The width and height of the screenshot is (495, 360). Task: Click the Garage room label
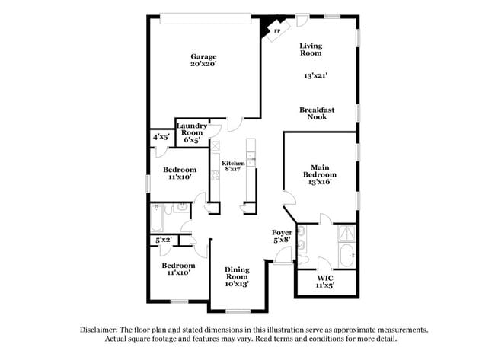203,56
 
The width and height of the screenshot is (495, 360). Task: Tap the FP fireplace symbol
276,30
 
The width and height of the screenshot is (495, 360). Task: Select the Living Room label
310,49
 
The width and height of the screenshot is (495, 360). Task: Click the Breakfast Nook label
317,113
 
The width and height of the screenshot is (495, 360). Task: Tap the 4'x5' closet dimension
161,137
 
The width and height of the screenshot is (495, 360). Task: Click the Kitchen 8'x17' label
233,167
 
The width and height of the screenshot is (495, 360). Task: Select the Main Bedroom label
319,170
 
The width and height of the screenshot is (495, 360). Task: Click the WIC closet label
325,279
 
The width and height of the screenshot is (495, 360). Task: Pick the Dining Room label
236,272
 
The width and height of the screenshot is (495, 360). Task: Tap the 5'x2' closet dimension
163,241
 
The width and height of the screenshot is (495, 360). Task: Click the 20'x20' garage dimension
203,65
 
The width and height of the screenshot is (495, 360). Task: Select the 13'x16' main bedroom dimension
319,183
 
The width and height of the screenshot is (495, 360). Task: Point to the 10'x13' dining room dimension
236,284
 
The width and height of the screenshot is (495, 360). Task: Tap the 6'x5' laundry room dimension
192,140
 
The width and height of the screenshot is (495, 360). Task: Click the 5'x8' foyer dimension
282,241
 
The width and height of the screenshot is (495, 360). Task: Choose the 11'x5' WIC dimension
325,287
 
